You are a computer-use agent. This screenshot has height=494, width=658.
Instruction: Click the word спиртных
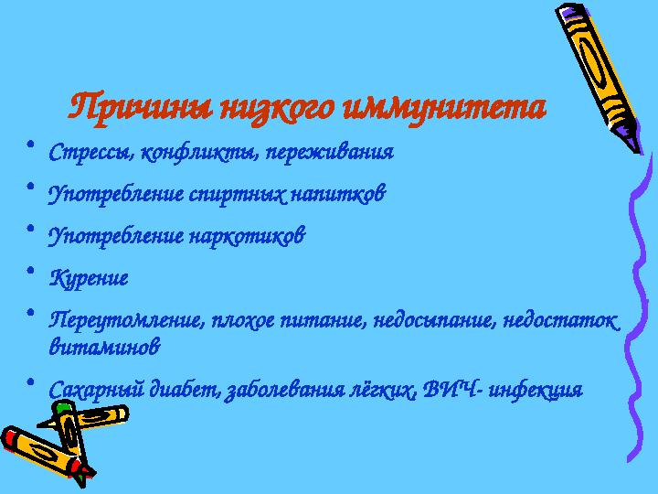242,194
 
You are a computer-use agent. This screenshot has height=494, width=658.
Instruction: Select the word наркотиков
246,236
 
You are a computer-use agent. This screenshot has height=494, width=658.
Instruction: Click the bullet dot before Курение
31,271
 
